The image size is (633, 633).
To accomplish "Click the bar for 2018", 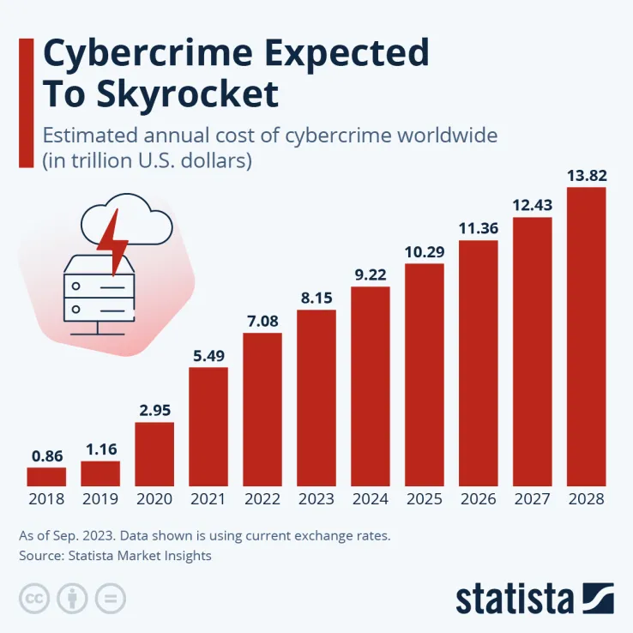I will pyautogui.click(x=46, y=476).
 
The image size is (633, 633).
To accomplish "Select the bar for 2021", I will pyautogui.click(x=208, y=426).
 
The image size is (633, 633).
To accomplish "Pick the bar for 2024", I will pyautogui.click(x=371, y=386).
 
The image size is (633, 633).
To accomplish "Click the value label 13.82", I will pyautogui.click(x=587, y=176).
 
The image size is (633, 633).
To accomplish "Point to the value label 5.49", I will pyautogui.click(x=208, y=356).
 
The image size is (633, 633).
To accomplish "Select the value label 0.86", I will pyautogui.click(x=46, y=455).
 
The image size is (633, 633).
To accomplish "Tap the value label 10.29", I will pyautogui.click(x=425, y=252).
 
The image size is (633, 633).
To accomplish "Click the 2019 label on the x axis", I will pyautogui.click(x=100, y=499).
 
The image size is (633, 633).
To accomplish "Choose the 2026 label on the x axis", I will pyautogui.click(x=479, y=499).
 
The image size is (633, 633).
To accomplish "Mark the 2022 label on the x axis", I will pyautogui.click(x=262, y=499).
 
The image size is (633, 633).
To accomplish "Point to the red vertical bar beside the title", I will pyautogui.click(x=26, y=101).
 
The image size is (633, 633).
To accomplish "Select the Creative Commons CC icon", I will pyautogui.click(x=34, y=598).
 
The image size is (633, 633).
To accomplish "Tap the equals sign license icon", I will pyautogui.click(x=112, y=598).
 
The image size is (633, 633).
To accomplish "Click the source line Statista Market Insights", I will pyautogui.click(x=115, y=556).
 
